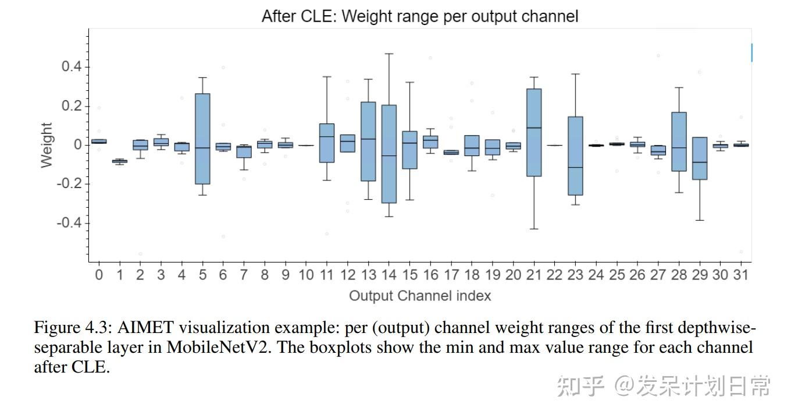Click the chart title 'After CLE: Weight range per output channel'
point(419,16)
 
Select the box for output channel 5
point(202,139)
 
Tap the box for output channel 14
point(389,154)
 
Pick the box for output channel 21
point(534,132)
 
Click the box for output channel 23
point(575,156)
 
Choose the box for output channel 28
point(679,141)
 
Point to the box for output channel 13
point(368,141)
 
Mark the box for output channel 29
point(700,158)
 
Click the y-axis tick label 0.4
point(72,67)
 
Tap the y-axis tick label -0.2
point(69,185)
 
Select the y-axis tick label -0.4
point(69,224)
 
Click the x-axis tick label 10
point(306,275)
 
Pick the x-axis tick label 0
point(99,275)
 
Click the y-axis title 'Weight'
point(47,145)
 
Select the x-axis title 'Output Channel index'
point(419,296)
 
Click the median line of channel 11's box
point(327,136)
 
